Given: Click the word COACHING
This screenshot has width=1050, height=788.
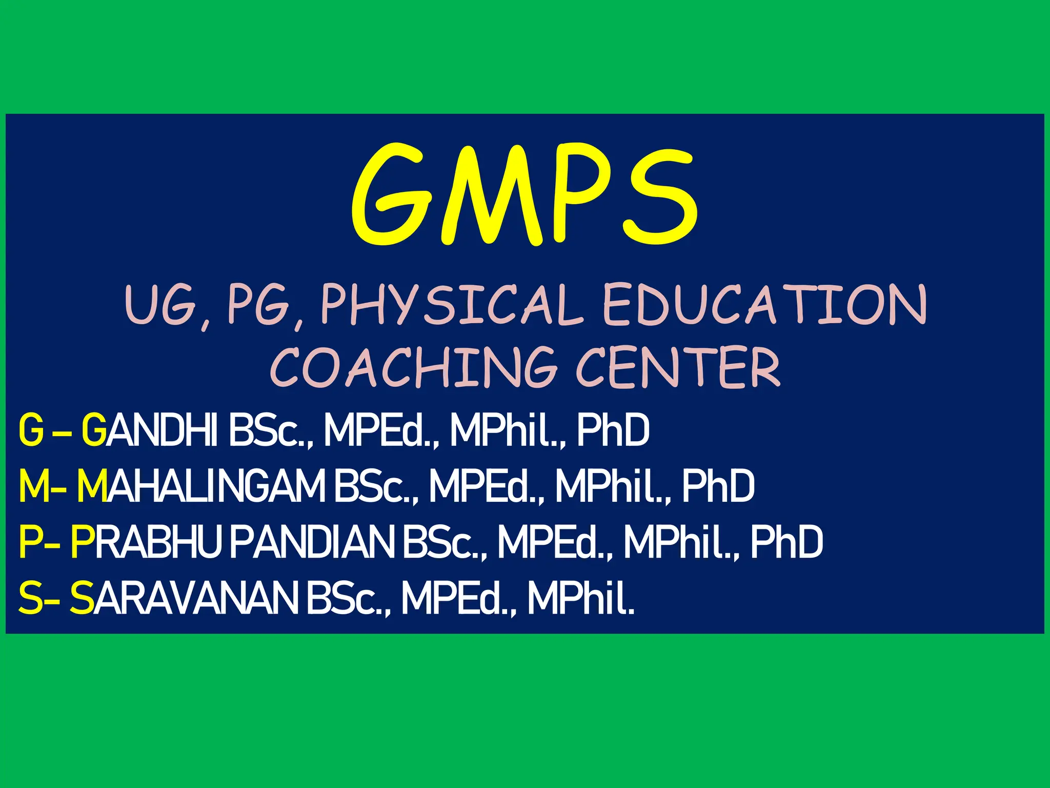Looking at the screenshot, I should [x=413, y=367].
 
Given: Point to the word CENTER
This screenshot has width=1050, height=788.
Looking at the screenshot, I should [x=678, y=367].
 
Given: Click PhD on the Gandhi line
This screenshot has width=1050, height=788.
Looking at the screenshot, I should [x=613, y=430].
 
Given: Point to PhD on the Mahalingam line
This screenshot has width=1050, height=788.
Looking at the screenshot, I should [x=718, y=486].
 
